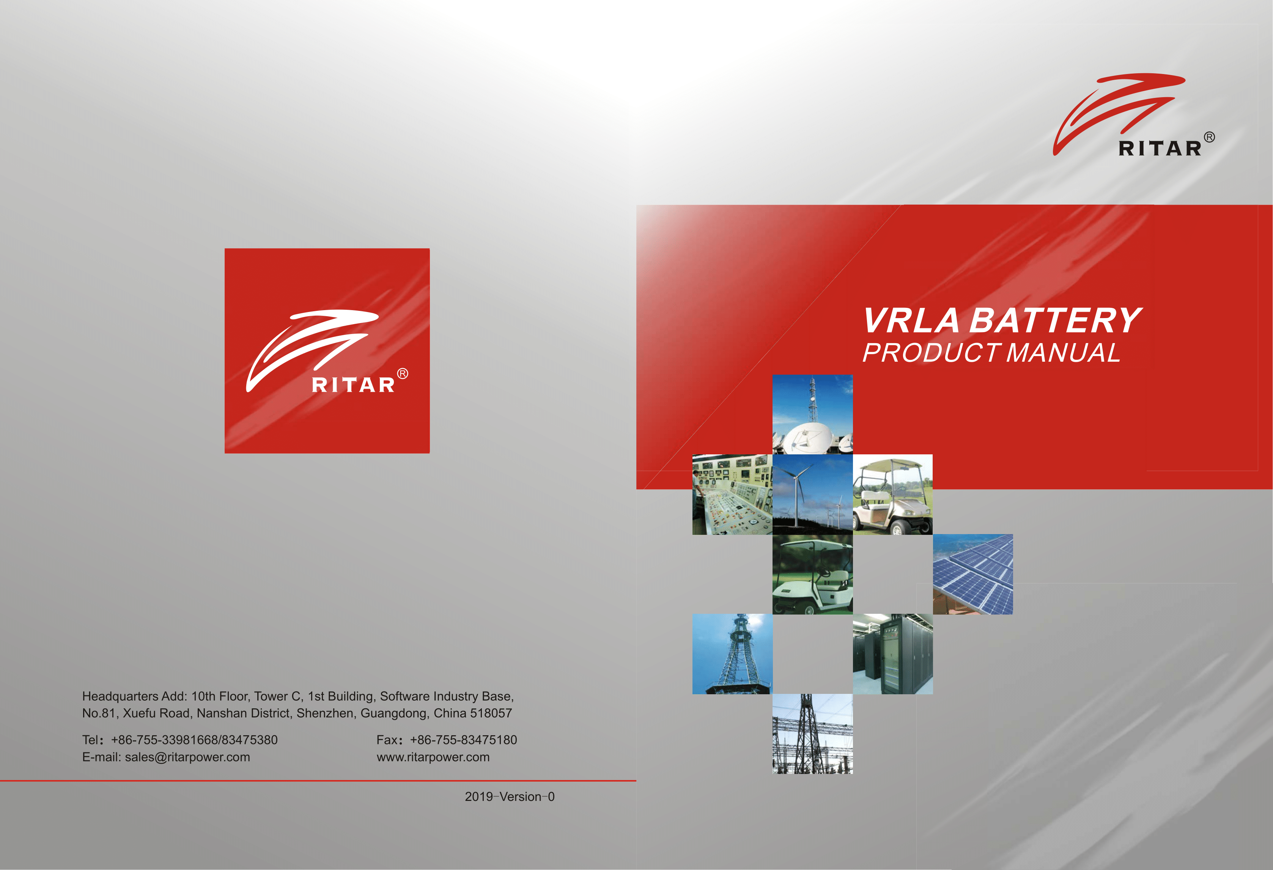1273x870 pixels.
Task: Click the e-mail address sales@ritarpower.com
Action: (187, 757)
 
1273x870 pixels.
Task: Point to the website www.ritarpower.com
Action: (433, 757)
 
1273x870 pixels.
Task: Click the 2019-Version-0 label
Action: (510, 797)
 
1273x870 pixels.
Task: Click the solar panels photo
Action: (973, 574)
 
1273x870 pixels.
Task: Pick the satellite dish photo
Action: (812, 414)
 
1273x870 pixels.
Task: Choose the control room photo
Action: (732, 494)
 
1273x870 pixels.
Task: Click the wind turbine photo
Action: (812, 494)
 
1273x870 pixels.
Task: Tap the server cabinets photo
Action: (893, 654)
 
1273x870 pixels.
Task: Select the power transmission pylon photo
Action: (812, 734)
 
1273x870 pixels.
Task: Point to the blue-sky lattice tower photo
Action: (732, 654)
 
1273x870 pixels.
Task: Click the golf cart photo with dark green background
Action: (812, 574)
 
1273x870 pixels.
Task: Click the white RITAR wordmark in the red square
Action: (353, 385)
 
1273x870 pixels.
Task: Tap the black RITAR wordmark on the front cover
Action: (1160, 148)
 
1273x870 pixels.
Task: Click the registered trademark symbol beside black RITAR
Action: (1210, 137)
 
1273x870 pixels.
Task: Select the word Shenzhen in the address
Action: (326, 713)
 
